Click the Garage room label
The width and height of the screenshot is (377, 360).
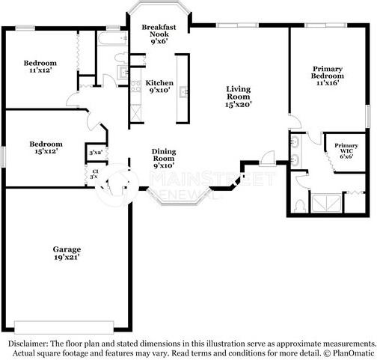[67, 253]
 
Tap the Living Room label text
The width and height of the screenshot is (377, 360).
[239, 97]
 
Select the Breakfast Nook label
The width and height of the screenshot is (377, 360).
[159, 34]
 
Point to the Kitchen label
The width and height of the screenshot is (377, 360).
[159, 87]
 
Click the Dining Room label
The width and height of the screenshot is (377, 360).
[164, 159]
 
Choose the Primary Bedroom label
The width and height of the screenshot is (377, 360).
[328, 76]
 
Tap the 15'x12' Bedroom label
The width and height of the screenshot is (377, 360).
[46, 147]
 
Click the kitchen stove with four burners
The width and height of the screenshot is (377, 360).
[137, 85]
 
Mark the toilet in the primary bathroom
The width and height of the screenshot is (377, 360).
[299, 204]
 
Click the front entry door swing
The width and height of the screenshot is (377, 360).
[266, 157]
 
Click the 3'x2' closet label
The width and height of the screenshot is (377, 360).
[96, 153]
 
